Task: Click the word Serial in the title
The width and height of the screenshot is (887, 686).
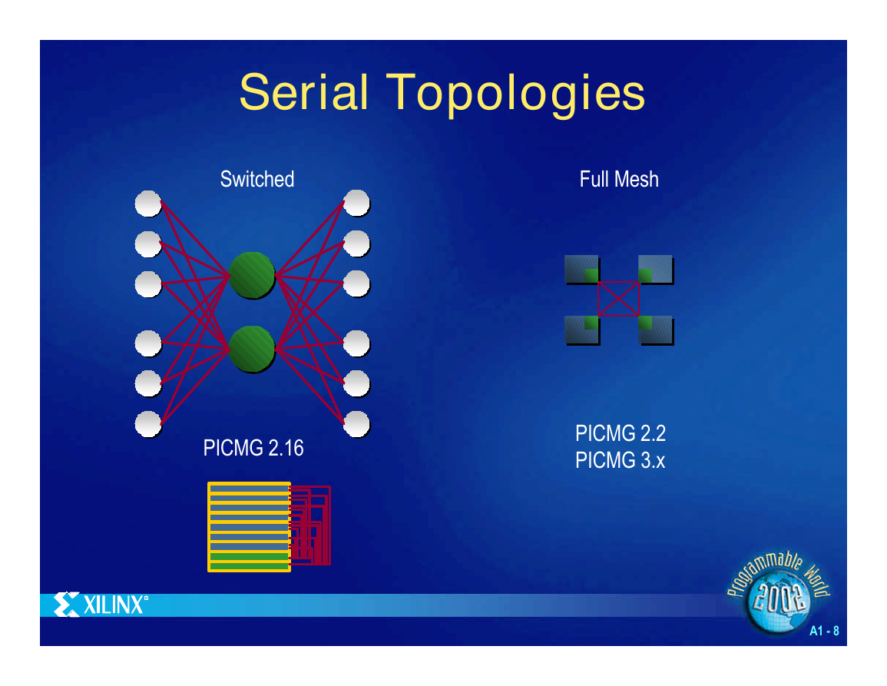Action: pos(304,91)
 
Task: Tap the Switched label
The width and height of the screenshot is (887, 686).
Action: pos(257,180)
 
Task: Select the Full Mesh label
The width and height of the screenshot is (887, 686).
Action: pos(619,180)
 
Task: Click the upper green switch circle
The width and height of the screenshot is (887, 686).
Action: pos(252,275)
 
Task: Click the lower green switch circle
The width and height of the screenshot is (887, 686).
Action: pos(252,349)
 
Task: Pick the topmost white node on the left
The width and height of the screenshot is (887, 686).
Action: pos(148,204)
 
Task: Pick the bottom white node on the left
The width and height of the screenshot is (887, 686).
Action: pos(148,424)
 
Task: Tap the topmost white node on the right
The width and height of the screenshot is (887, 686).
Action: pos(356,204)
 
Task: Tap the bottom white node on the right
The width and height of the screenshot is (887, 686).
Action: pos(356,424)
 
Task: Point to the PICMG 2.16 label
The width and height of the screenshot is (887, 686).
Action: pos(253,448)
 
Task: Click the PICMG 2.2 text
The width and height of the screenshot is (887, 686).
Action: pos(621,433)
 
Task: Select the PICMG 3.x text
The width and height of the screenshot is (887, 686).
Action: pos(620,460)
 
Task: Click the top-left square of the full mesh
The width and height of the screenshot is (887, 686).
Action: pos(582,270)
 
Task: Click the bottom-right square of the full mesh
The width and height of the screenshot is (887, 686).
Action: pos(656,330)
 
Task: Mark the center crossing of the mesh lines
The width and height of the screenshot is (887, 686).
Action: pos(618,299)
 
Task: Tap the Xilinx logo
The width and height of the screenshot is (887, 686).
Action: pos(101,605)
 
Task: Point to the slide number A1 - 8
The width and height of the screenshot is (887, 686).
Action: pos(824,631)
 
